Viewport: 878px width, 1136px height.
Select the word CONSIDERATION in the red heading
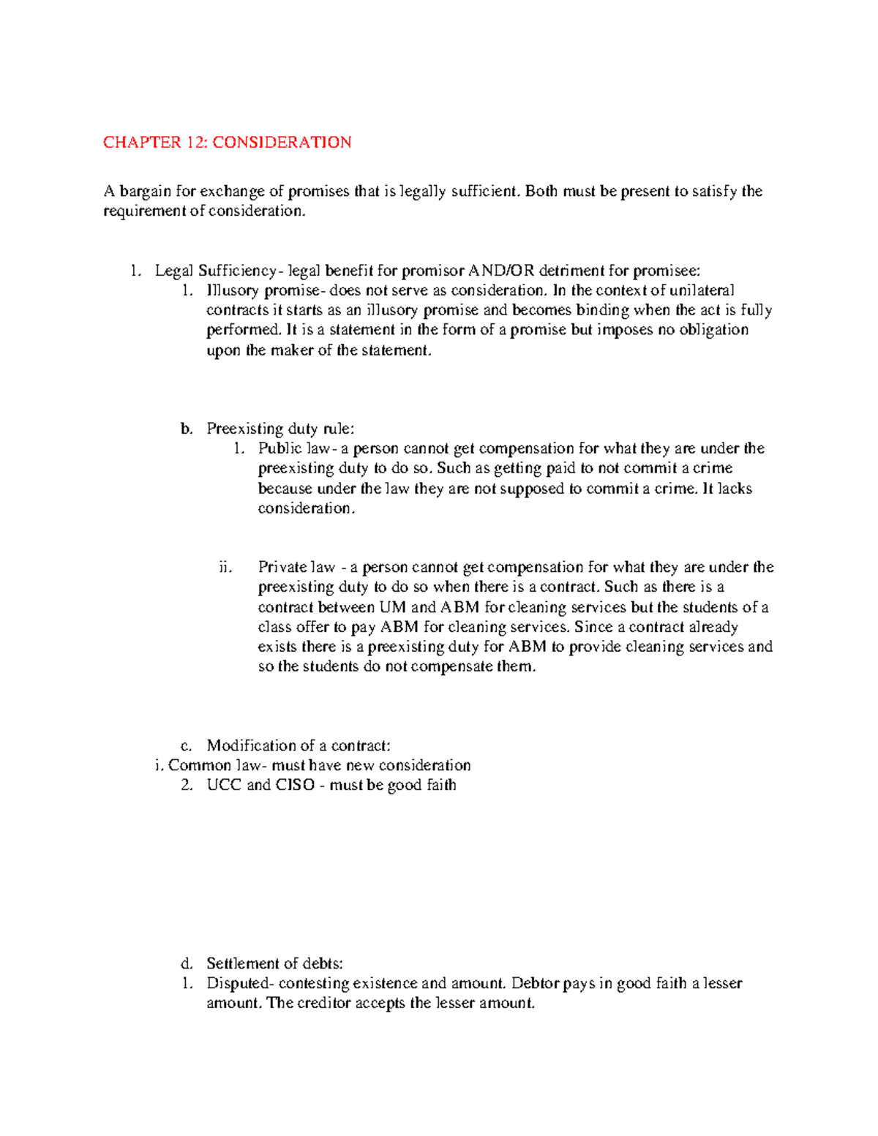point(282,142)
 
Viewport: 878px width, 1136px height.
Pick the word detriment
point(572,271)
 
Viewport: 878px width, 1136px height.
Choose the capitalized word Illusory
point(233,290)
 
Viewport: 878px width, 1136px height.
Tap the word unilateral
point(702,290)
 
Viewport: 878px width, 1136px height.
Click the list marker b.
point(187,429)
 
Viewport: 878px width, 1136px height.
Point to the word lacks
point(735,489)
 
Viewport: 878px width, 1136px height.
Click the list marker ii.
point(225,568)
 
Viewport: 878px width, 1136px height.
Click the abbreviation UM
point(392,607)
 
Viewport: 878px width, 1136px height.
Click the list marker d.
point(187,963)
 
